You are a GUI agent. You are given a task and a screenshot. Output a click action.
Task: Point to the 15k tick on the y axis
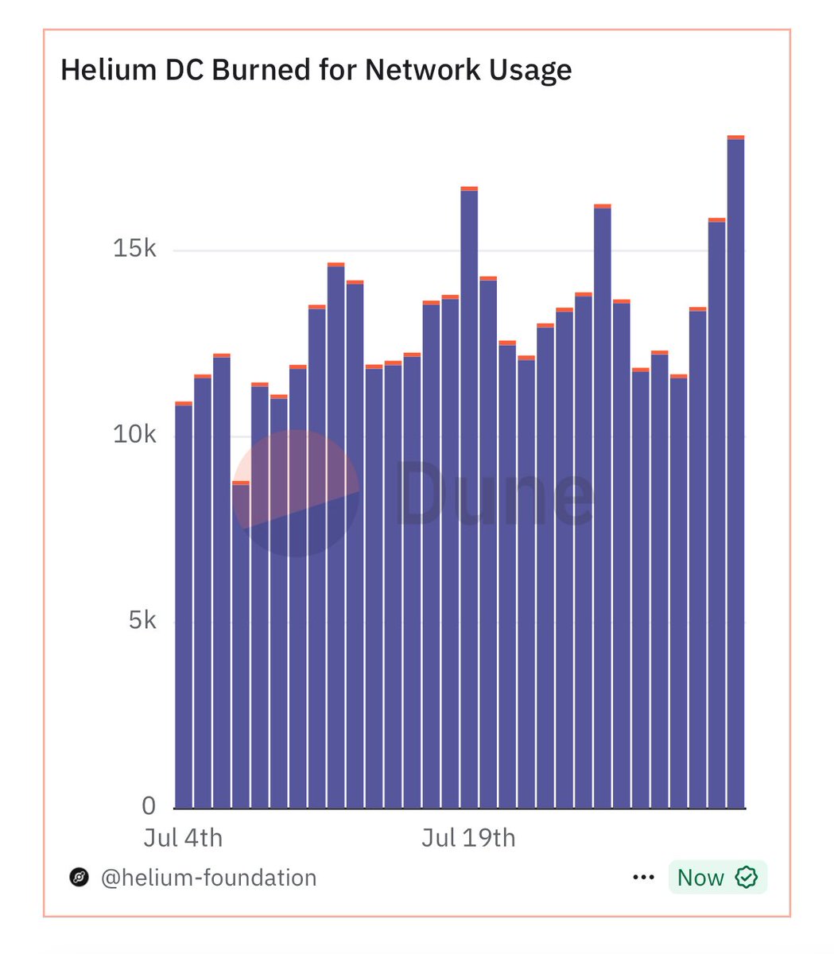pyautogui.click(x=135, y=250)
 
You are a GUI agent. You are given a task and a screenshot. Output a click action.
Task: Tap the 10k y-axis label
pyautogui.click(x=135, y=435)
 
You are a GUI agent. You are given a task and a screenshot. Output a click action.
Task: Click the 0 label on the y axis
pyautogui.click(x=149, y=806)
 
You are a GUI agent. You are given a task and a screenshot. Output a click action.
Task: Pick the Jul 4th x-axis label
pyautogui.click(x=183, y=838)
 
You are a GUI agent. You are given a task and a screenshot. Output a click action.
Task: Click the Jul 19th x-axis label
pyautogui.click(x=468, y=838)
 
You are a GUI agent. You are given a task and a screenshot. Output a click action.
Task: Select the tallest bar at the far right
pyautogui.click(x=735, y=477)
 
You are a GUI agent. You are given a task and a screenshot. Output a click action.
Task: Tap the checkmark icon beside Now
pyautogui.click(x=746, y=878)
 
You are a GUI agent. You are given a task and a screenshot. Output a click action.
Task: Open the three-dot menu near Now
pyautogui.click(x=642, y=878)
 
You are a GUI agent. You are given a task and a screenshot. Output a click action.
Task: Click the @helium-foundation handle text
pyautogui.click(x=208, y=878)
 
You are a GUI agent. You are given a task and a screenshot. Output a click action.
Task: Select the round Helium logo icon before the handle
pyautogui.click(x=79, y=878)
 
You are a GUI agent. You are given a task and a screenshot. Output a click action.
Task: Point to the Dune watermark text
pyautogui.click(x=495, y=494)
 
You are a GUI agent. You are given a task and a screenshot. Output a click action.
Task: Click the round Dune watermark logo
pyautogui.click(x=296, y=494)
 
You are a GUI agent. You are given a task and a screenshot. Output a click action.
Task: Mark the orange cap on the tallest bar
pyautogui.click(x=735, y=138)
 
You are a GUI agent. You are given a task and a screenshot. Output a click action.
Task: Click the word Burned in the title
pyautogui.click(x=263, y=70)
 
